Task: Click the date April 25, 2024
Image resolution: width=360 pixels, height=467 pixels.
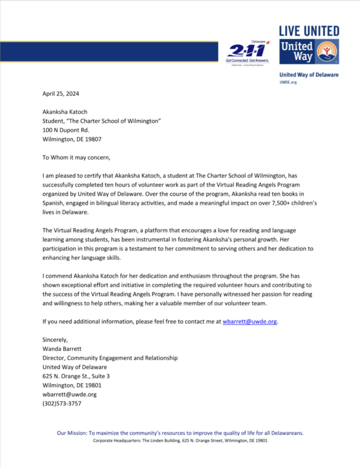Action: pos(61,94)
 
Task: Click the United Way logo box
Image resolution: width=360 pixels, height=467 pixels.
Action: pos(309,52)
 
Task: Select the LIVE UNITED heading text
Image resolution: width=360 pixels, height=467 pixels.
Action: pos(309,31)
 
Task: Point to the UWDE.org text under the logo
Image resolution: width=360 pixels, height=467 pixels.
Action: pos(288,82)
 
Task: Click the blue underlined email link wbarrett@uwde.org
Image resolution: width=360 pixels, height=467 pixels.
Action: pos(249,322)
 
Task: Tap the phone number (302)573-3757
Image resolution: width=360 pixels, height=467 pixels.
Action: pos(62,404)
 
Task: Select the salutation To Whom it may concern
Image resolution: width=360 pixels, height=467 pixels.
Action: pos(76,158)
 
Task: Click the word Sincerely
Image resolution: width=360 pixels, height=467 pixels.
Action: pos(55,340)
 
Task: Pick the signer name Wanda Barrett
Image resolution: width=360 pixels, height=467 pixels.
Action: pos(62,349)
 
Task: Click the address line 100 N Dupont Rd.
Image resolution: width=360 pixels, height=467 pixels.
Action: pos(66,130)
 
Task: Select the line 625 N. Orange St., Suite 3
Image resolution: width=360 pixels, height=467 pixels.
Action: pos(76,377)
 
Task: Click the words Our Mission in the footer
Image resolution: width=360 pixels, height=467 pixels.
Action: pos(72,433)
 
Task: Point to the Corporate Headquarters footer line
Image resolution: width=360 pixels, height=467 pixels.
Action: pos(180,441)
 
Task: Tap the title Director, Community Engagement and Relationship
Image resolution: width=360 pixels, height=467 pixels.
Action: pos(110,358)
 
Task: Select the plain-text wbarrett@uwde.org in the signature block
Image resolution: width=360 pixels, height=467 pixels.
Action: pos(69,395)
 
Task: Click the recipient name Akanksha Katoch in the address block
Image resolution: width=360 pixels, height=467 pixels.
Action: pos(65,112)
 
